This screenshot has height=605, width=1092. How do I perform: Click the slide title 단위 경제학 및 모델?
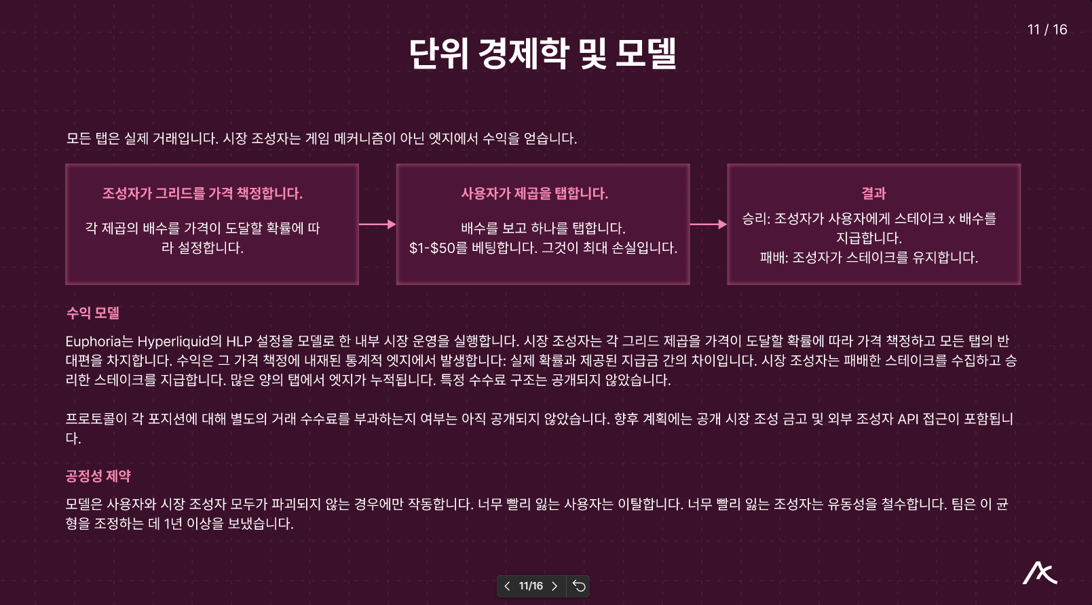(x=543, y=54)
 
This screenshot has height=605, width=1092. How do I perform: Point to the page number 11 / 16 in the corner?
(x=1047, y=30)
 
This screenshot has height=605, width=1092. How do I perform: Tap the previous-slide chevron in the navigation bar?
(x=507, y=586)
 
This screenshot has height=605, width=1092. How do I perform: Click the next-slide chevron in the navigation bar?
(x=554, y=586)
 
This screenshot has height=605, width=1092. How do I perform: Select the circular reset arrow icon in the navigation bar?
(x=579, y=586)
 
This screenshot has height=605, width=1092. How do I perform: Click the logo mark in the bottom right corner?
(x=1040, y=574)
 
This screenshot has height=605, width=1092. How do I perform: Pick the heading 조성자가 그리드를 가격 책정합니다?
(x=202, y=193)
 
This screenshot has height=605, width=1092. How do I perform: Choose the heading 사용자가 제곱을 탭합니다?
(x=534, y=193)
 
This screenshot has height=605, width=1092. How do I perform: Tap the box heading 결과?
(x=873, y=193)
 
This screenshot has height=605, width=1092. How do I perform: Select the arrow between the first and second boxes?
(x=377, y=224)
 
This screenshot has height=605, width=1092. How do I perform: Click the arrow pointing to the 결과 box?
(x=708, y=224)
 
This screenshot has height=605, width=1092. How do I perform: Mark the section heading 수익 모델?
(x=93, y=313)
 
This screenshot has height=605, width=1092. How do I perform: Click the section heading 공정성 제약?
(x=98, y=476)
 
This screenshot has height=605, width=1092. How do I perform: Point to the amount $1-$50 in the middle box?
(x=432, y=248)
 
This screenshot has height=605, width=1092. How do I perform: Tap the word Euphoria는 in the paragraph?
(x=99, y=341)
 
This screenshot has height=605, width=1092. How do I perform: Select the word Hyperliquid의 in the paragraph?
(x=179, y=341)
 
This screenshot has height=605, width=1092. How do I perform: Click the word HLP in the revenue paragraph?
(x=239, y=341)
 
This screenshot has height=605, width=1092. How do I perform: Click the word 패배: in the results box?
(x=774, y=258)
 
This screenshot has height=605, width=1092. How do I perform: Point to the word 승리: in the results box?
(x=755, y=219)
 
